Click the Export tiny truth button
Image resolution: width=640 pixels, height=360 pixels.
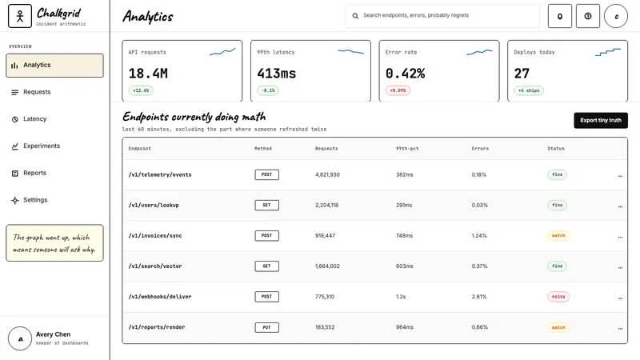pyautogui.click(x=601, y=121)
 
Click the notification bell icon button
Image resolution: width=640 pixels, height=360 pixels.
pyautogui.click(x=559, y=16)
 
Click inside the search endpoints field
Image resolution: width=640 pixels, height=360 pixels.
pyautogui.click(x=442, y=16)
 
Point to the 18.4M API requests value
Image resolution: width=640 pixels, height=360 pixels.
pyautogui.click(x=148, y=74)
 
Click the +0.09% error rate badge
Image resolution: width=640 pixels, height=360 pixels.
pyautogui.click(x=398, y=90)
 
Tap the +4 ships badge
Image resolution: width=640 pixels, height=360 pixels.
pyautogui.click(x=529, y=90)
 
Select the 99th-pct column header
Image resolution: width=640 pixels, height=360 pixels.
pyautogui.click(x=407, y=149)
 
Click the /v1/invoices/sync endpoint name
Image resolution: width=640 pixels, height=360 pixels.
pyautogui.click(x=155, y=236)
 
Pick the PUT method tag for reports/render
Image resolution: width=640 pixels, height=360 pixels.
pyautogui.click(x=267, y=327)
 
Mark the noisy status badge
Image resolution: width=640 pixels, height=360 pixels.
pyautogui.click(x=558, y=297)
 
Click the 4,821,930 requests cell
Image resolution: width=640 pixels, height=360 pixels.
pyautogui.click(x=327, y=174)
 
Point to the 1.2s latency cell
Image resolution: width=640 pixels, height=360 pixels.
pyautogui.click(x=401, y=297)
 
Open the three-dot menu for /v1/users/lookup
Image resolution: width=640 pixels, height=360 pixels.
pyautogui.click(x=620, y=206)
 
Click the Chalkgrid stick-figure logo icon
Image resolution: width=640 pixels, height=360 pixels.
pyautogui.click(x=20, y=16)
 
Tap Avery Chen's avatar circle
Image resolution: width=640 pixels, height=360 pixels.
pyautogui.click(x=20, y=338)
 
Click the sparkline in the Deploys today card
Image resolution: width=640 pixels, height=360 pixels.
pyautogui.click(x=608, y=52)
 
